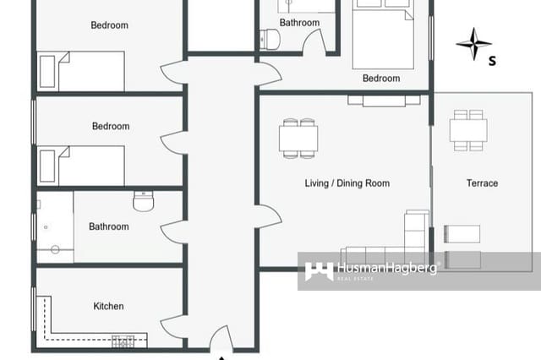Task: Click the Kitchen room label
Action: point(108,306)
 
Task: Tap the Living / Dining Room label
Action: point(347,183)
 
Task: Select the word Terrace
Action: point(482,183)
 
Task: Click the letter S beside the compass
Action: point(493,60)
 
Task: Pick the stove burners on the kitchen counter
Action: point(123,341)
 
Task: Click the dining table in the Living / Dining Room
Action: point(298,138)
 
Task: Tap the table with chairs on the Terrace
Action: point(467,130)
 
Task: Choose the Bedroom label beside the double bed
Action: point(381,79)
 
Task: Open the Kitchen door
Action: point(172,325)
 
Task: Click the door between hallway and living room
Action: point(268,216)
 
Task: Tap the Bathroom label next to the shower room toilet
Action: point(109,226)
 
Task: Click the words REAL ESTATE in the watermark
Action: point(355,278)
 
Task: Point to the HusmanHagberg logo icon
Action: point(319,271)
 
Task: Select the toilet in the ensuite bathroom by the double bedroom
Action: point(271,39)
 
